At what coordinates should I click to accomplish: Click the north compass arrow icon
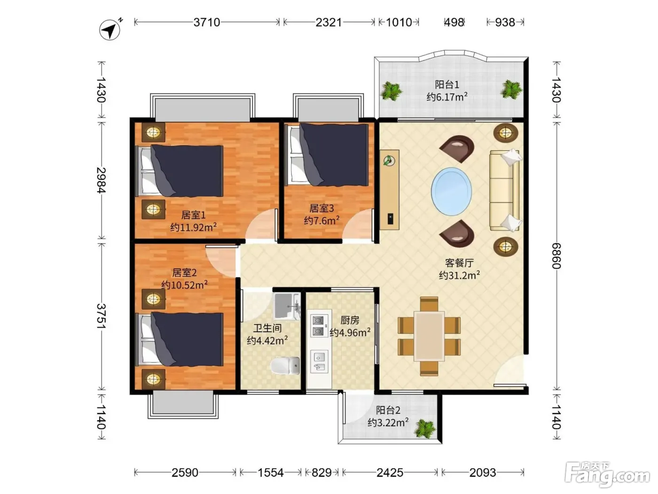click(110, 29)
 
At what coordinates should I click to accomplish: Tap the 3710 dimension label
click(206, 22)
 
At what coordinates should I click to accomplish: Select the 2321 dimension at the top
click(329, 22)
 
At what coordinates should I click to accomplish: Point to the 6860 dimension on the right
click(556, 256)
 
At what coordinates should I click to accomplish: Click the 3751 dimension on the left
click(102, 316)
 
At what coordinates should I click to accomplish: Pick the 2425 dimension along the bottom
click(390, 473)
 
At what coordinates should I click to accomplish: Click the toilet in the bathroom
click(285, 366)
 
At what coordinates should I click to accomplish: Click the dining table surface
click(429, 336)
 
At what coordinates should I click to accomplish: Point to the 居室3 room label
click(321, 208)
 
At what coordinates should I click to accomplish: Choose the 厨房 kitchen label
click(350, 320)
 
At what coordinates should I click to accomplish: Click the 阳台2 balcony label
click(388, 410)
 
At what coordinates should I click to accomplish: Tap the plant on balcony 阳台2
click(425, 429)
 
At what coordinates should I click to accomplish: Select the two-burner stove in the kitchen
click(319, 326)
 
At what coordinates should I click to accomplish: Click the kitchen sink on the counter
click(319, 362)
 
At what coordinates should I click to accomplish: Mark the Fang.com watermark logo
click(607, 475)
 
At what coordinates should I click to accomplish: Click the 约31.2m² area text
click(459, 275)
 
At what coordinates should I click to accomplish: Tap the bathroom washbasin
click(287, 306)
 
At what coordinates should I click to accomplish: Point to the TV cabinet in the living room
click(390, 190)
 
